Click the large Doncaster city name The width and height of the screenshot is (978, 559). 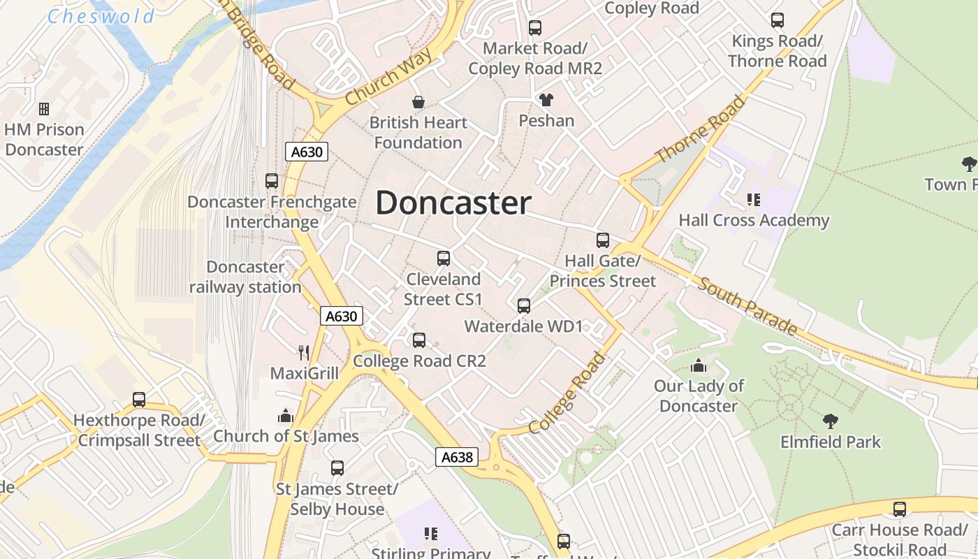pyautogui.click(x=453, y=203)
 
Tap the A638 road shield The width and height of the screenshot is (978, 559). pyautogui.click(x=458, y=457)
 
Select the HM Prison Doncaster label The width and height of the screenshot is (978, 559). pyautogui.click(x=44, y=139)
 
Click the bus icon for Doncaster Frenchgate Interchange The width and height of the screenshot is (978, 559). pyautogui.click(x=272, y=181)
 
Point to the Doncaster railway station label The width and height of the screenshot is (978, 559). pyautogui.click(x=245, y=277)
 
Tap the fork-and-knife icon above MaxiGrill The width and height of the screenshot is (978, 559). pyautogui.click(x=303, y=352)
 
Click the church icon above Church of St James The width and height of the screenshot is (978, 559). pyautogui.click(x=285, y=416)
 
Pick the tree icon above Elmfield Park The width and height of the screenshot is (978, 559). pyautogui.click(x=830, y=421)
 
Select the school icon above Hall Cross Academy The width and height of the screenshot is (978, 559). pyautogui.click(x=753, y=201)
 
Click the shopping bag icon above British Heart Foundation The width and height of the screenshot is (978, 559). pyautogui.click(x=418, y=103)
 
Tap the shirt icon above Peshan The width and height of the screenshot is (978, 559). pyautogui.click(x=546, y=100)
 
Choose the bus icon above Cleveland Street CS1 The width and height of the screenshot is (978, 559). pyautogui.click(x=443, y=259)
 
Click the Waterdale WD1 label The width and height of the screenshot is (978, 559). pyautogui.click(x=523, y=326)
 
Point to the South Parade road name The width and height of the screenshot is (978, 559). pyautogui.click(x=747, y=306)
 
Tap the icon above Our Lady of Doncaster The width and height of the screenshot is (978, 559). pyautogui.click(x=698, y=365)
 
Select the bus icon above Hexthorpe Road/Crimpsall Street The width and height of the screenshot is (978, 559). pyautogui.click(x=139, y=400)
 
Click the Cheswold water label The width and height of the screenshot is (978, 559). pyautogui.click(x=101, y=16)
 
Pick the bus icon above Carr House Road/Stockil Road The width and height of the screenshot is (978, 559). pyautogui.click(x=899, y=509)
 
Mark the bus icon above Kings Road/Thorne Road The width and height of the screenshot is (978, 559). pyautogui.click(x=777, y=20)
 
